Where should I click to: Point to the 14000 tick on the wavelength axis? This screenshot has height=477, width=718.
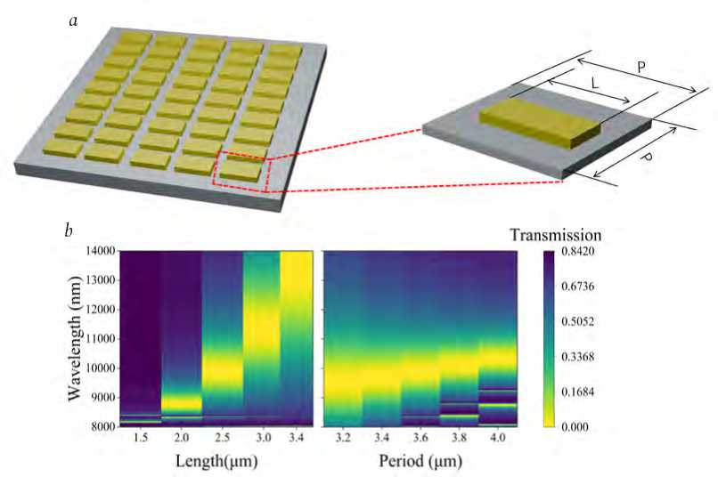coord(94,252)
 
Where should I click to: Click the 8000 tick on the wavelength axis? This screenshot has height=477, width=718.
coord(98,426)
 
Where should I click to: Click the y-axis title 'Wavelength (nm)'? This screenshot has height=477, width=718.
coord(74,338)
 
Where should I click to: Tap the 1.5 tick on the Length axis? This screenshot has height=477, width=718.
coord(141,439)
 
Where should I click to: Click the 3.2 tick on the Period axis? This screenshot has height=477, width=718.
coord(342,439)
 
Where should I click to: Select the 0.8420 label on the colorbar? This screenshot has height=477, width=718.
coord(583,252)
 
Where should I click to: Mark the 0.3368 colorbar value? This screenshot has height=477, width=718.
coord(583,357)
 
